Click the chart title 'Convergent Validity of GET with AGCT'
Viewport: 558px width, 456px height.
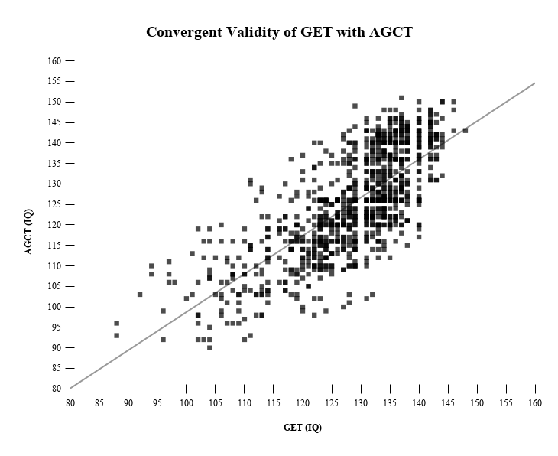click(279, 32)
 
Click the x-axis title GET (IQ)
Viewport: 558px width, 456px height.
click(303, 427)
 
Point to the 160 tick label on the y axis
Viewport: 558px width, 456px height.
click(54, 60)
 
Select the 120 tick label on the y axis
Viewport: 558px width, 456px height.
click(54, 225)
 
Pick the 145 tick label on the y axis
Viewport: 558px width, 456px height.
click(54, 122)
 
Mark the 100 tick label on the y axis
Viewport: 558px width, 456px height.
click(54, 307)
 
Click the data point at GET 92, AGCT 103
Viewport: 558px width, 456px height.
click(140, 295)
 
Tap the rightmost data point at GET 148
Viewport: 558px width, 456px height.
click(466, 130)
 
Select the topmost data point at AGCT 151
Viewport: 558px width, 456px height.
click(401, 98)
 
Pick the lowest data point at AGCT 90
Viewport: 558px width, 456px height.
click(209, 347)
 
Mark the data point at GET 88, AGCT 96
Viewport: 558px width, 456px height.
click(117, 323)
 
